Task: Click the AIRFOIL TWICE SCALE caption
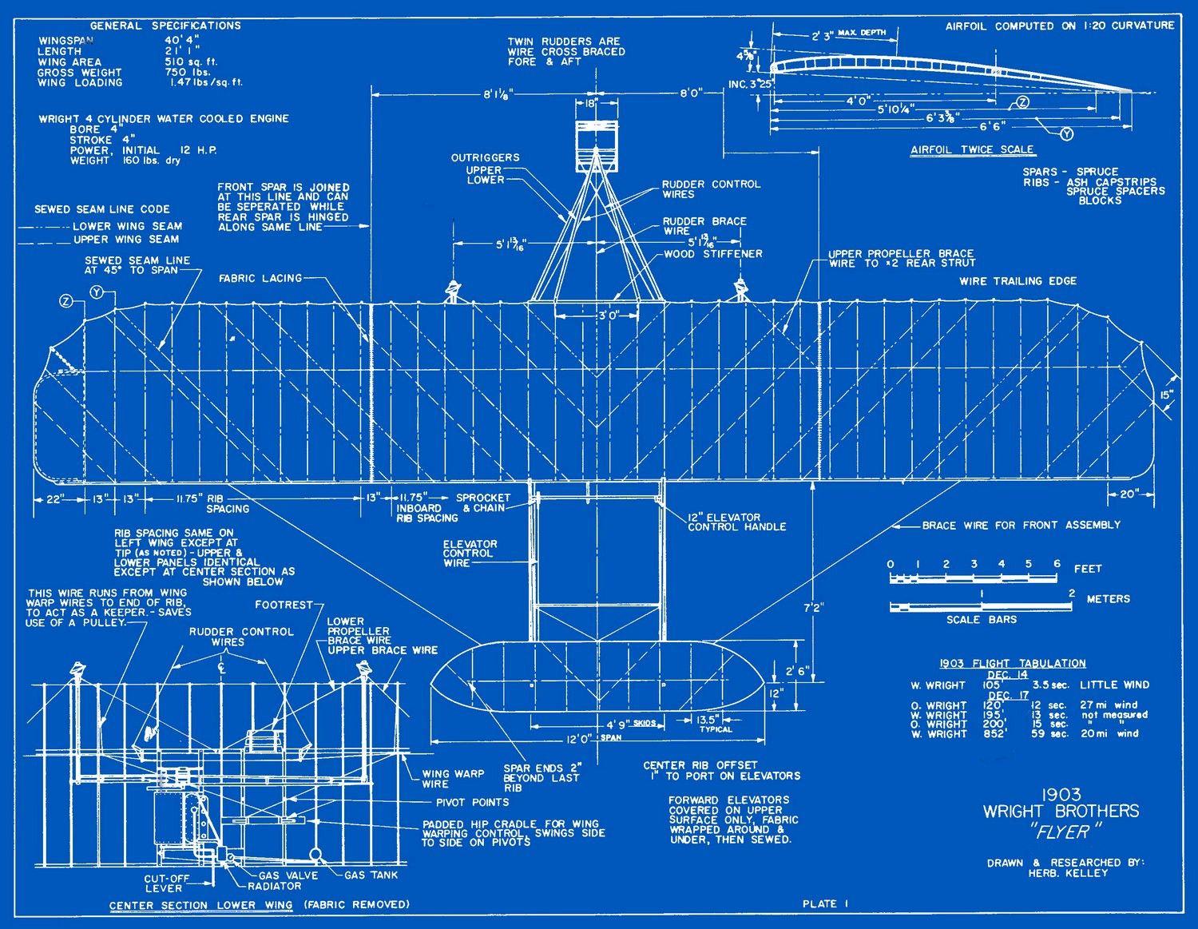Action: pos(972,149)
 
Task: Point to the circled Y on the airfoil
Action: pos(1066,134)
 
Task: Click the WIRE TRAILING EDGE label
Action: pos(1018,281)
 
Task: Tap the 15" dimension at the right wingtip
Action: pos(1167,394)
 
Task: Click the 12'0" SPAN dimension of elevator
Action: pos(591,739)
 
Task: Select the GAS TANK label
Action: pos(371,875)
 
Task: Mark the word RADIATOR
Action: pos(274,885)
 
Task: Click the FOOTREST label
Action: pos(284,605)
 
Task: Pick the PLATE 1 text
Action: pos(825,903)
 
